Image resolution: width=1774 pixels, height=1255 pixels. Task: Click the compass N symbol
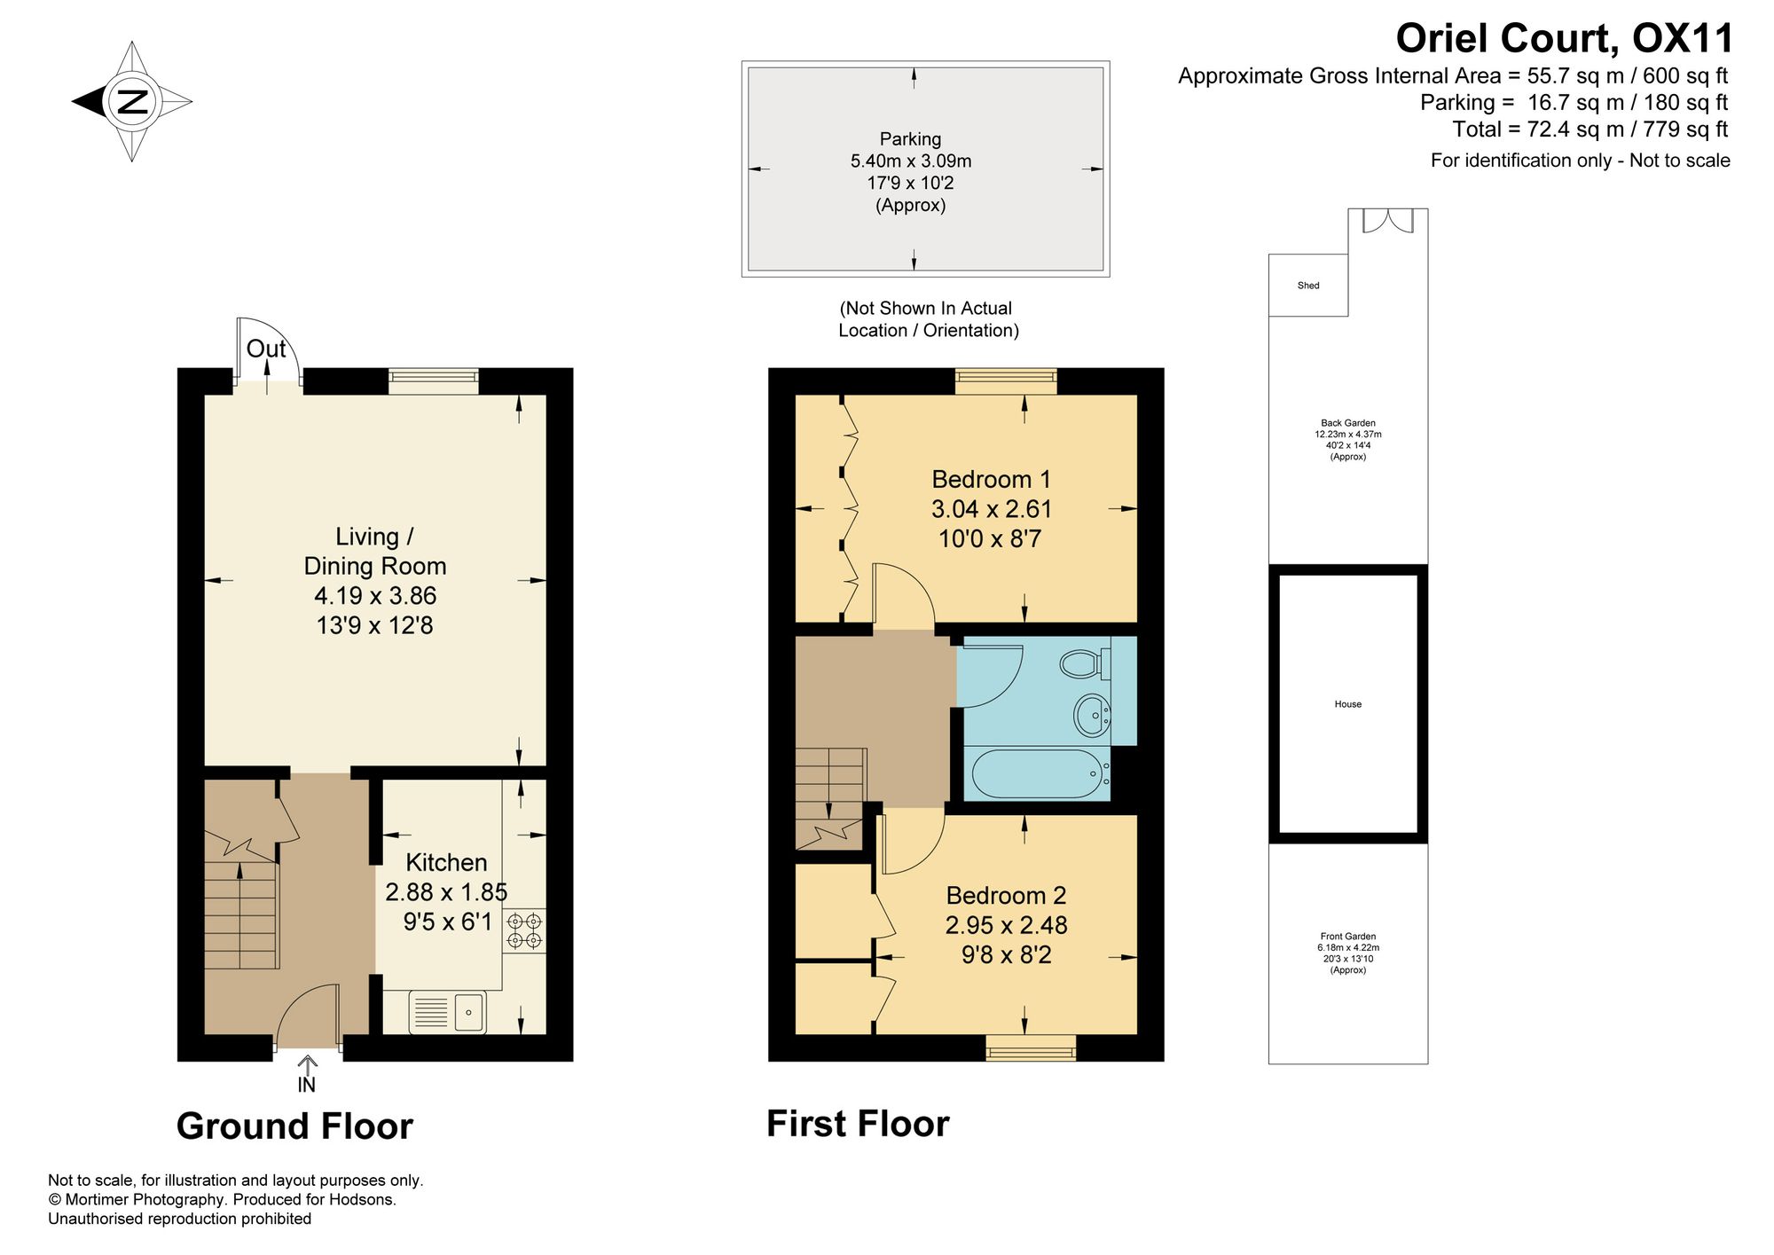[132, 101]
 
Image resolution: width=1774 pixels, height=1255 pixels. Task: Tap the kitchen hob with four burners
[524, 930]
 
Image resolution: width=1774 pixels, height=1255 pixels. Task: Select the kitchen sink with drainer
[448, 1012]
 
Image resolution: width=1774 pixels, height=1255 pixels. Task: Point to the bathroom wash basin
[1092, 714]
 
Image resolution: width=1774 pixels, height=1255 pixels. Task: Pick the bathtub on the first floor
[1037, 773]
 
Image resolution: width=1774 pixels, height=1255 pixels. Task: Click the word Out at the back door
[266, 349]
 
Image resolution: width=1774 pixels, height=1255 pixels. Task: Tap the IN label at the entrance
[306, 1085]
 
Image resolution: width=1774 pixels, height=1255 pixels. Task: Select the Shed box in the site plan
[1308, 286]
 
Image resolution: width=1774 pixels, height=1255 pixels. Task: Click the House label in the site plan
[1347, 704]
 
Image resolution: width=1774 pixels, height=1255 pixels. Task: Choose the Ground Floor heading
[294, 1126]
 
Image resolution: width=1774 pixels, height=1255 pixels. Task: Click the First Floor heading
[858, 1124]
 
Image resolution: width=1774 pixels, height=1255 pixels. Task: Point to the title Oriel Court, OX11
[1564, 38]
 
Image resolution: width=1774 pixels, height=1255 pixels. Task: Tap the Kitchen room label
[446, 862]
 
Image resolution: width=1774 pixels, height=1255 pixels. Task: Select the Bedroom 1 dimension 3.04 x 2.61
[991, 509]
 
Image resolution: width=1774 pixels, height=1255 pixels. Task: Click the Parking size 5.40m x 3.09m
[911, 161]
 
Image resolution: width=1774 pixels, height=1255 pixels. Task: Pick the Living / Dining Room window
[434, 381]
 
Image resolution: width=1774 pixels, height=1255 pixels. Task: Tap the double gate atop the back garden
[1388, 221]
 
